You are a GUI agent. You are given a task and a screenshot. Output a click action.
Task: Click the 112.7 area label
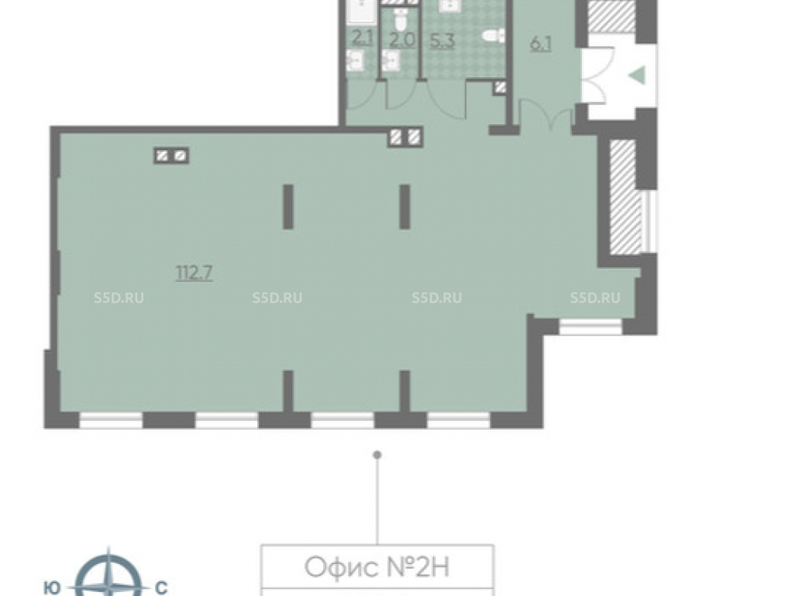pos(195,273)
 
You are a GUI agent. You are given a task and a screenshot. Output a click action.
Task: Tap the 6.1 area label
pos(540,44)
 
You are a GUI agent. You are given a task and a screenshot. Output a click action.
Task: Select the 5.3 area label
pos(442,41)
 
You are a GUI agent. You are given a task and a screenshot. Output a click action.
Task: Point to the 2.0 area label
pos(402,40)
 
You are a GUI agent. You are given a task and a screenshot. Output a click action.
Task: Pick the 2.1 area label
pos(362,37)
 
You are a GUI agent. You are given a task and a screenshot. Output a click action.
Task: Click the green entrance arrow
pos(637,75)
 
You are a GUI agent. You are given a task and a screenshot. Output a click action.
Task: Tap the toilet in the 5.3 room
pos(493,36)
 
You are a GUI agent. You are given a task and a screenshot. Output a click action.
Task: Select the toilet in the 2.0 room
pos(401,19)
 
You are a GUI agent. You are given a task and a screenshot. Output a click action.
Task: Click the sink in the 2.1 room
pos(355,61)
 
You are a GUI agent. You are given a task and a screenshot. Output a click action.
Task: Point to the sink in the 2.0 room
pos(391,61)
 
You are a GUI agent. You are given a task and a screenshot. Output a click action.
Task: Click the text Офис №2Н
pos(377,567)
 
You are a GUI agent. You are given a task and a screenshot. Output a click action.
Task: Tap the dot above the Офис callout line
pos(376,455)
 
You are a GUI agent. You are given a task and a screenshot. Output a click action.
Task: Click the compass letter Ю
pos(52,588)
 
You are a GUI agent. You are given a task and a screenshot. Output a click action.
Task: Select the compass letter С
pos(161,588)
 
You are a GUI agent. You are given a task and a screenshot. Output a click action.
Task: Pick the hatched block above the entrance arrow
pos(611,16)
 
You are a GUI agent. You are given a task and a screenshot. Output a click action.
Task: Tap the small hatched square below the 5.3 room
pos(500,87)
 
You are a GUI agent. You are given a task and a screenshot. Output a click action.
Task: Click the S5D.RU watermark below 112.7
pos(118,298)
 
